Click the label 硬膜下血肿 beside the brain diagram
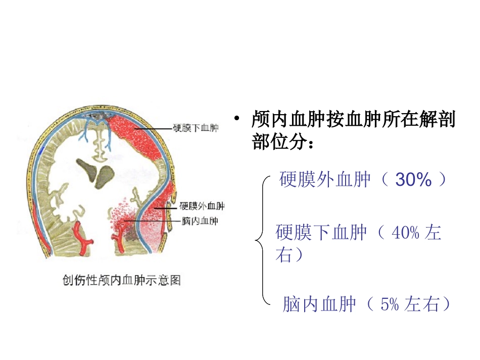coord(196,129)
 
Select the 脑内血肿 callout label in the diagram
coord(200,221)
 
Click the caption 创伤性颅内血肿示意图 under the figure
coord(122,279)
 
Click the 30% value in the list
coord(413,179)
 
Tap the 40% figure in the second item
coord(405,233)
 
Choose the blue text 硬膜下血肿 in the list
coord(321,233)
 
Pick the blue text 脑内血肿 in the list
coord(319,304)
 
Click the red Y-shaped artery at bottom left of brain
coord(81,236)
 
